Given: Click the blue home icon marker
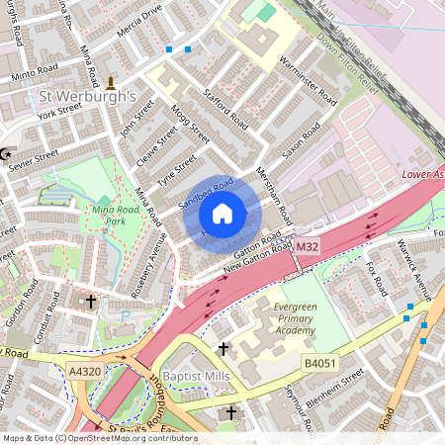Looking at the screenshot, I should pos(222,213).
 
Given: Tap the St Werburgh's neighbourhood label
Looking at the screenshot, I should pos(86,98).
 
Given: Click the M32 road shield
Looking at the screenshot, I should pos(308,246).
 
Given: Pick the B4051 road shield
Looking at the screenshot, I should pos(318,364).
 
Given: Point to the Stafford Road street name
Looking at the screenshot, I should pos(223,108).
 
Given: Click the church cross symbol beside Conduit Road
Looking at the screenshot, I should pos(91,301).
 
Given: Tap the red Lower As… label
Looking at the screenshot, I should pos(422,172).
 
